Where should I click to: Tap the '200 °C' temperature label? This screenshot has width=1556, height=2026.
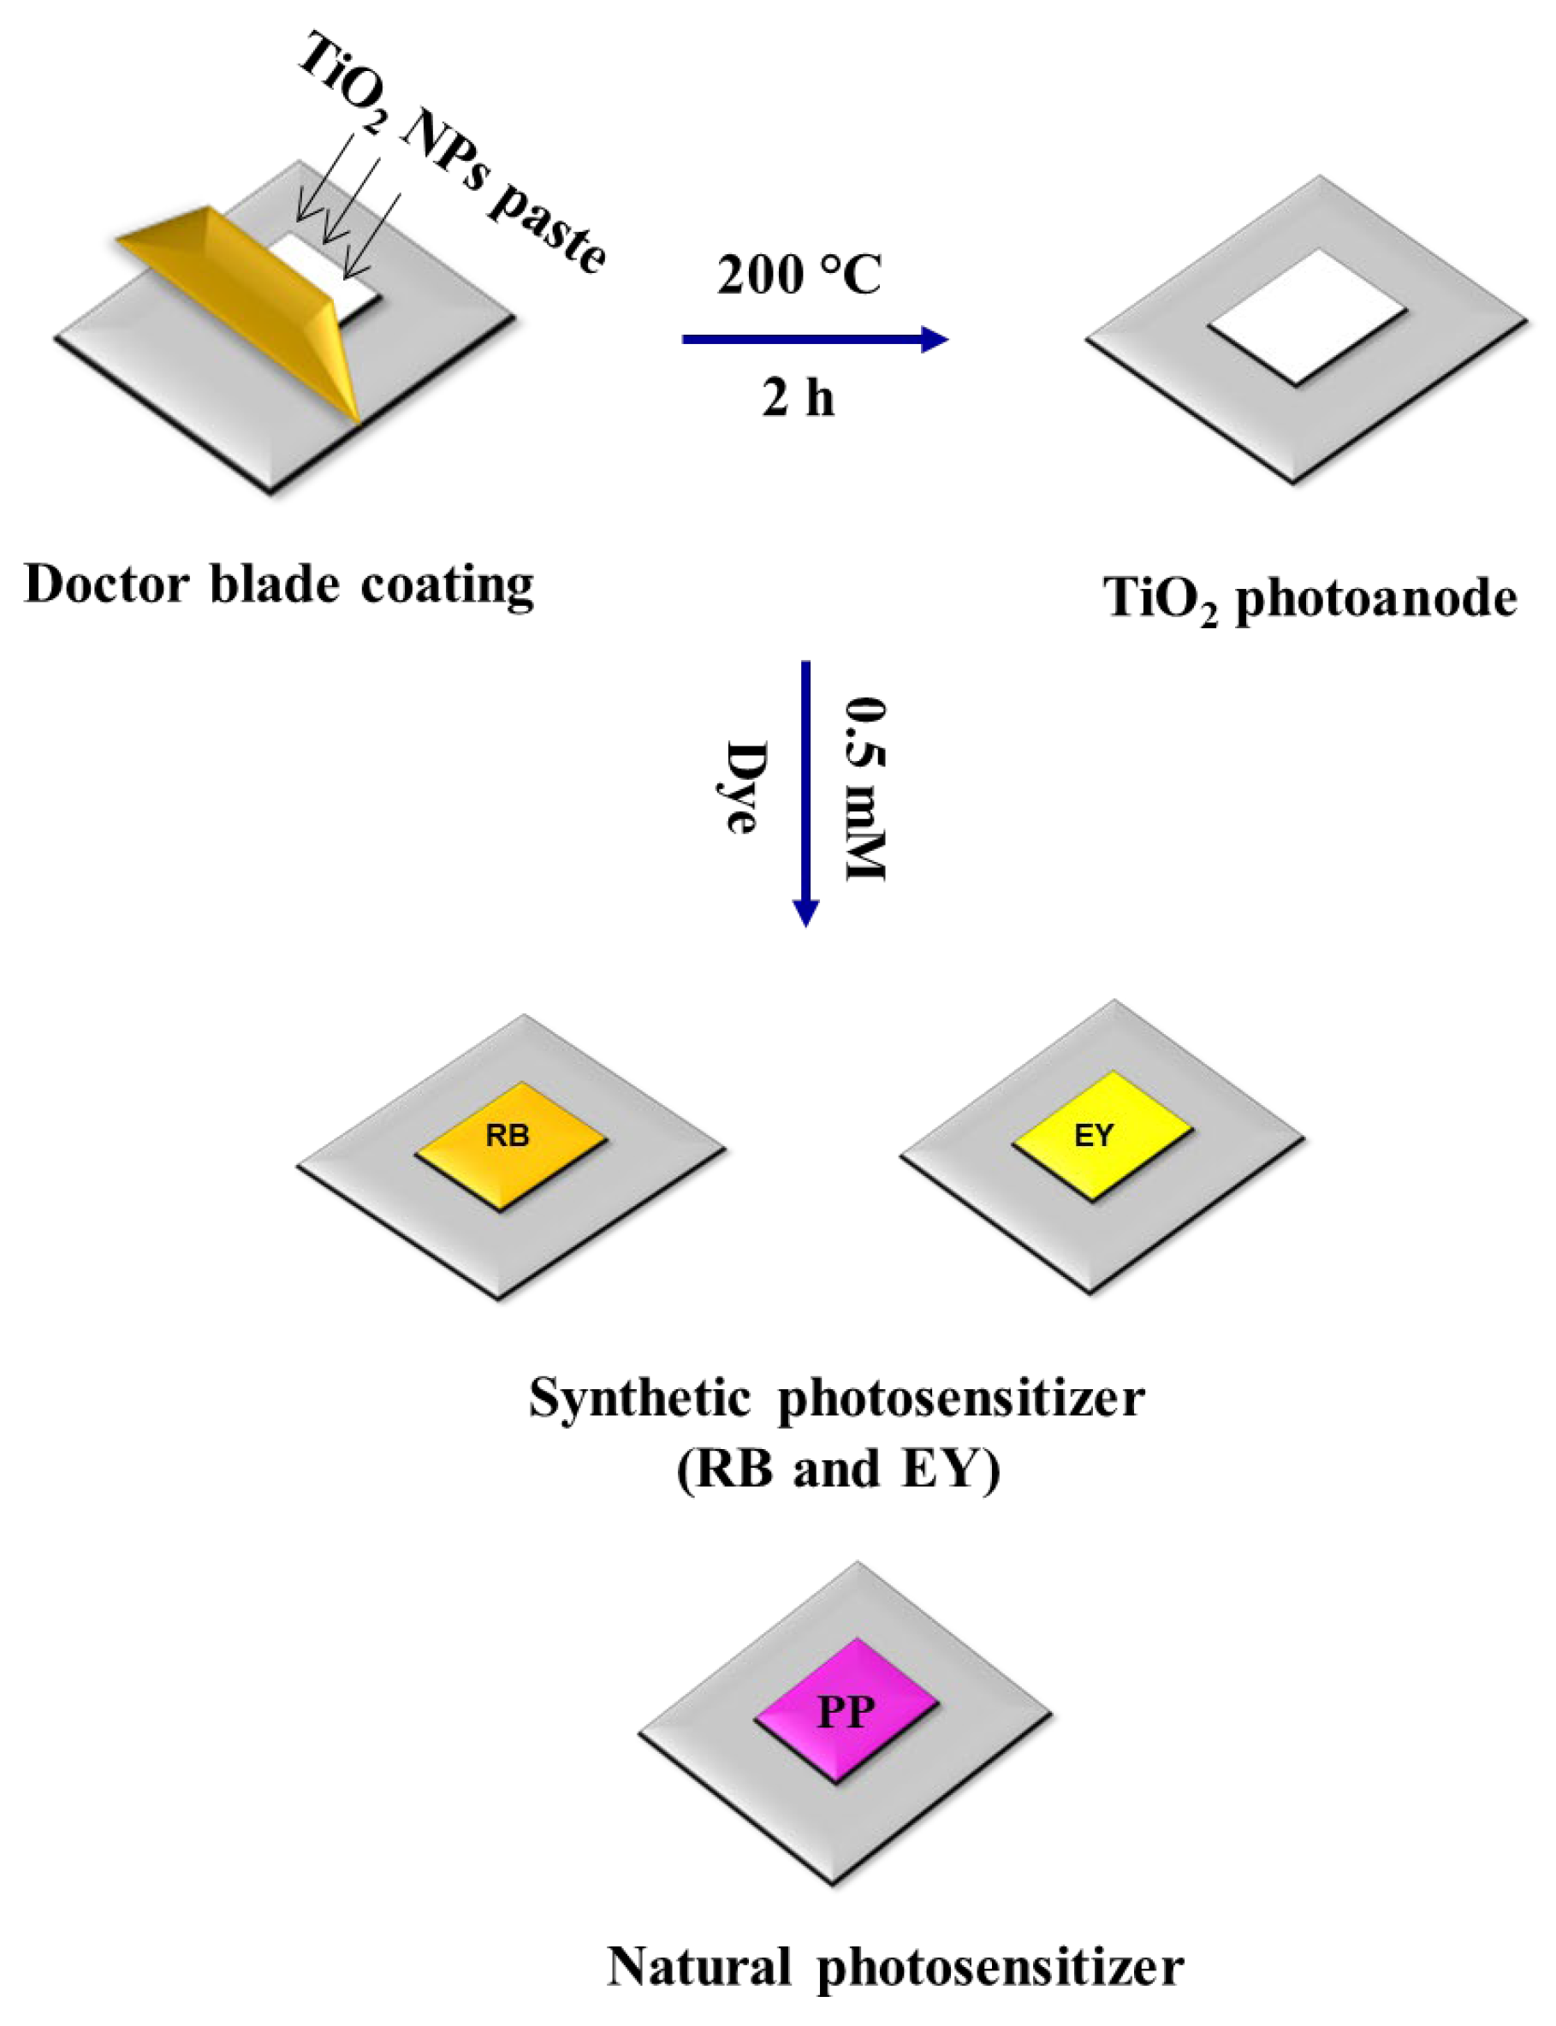[799, 275]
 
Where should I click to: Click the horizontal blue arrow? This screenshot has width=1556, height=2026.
[814, 339]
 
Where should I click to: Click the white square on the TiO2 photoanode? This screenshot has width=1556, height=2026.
[1308, 317]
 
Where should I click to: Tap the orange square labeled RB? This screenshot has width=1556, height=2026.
[509, 1145]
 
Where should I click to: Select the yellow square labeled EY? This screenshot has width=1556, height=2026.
[1101, 1136]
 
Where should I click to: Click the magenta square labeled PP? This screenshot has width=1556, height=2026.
[846, 1710]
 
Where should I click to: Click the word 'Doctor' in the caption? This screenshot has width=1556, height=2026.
[106, 585]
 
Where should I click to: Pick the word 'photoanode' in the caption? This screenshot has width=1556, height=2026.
[1376, 598]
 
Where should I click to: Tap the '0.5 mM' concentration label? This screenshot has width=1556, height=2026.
[866, 787]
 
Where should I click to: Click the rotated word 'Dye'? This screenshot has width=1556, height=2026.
[745, 787]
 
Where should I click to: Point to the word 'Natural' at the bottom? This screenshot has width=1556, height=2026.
[699, 1966]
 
